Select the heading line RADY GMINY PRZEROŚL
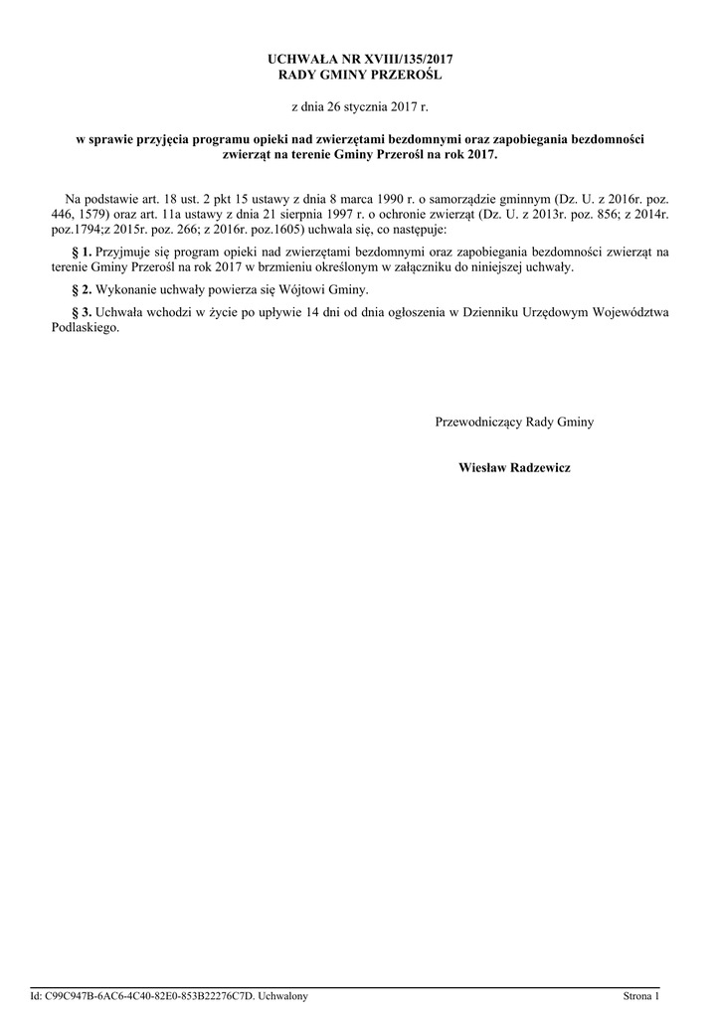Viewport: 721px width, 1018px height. (x=360, y=76)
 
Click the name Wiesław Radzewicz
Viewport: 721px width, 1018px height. (x=514, y=467)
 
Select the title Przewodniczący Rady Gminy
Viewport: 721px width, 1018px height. (x=514, y=423)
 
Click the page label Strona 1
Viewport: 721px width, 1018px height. (x=641, y=996)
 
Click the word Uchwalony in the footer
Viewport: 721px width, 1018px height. (x=283, y=996)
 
